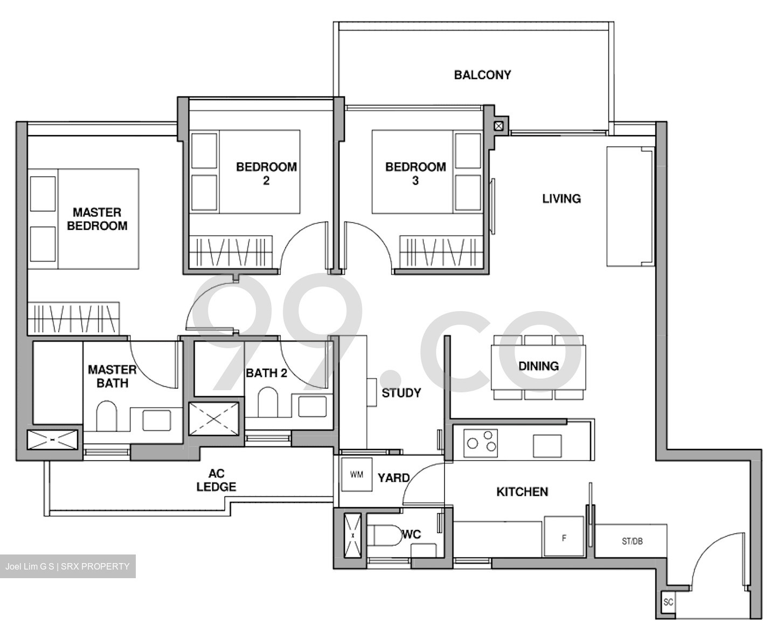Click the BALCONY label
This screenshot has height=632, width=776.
(482, 75)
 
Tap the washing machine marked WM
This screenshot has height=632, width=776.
(356, 474)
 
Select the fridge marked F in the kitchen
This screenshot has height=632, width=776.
(564, 537)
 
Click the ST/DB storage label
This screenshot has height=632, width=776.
(632, 541)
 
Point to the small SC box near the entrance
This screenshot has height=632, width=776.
(668, 602)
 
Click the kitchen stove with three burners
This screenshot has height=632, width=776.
(481, 441)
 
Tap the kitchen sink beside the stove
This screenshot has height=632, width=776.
(547, 445)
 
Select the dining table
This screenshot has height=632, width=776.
(538, 367)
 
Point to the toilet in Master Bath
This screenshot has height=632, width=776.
(107, 416)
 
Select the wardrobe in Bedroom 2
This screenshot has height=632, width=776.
(231, 251)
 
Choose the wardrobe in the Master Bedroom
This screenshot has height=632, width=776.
(73, 318)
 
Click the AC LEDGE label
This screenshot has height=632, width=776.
(216, 480)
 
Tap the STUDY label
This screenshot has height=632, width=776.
(401, 393)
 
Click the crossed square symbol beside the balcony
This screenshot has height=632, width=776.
(499, 126)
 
